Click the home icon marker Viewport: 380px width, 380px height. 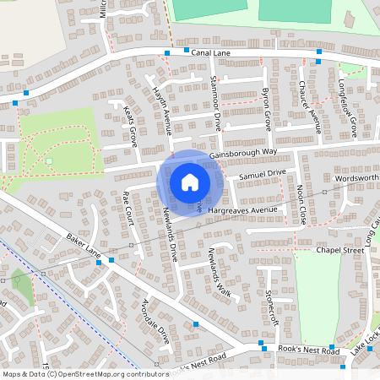[189, 182]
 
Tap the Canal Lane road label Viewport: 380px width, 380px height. [211, 53]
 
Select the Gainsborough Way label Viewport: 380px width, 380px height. [243, 152]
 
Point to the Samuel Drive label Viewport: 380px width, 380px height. [263, 173]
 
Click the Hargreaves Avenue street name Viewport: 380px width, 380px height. [245, 209]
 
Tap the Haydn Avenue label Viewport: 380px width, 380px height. [161, 110]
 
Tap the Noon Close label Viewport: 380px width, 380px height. [301, 202]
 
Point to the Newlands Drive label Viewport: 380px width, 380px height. [170, 233]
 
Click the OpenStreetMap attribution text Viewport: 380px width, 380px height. [73, 373]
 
